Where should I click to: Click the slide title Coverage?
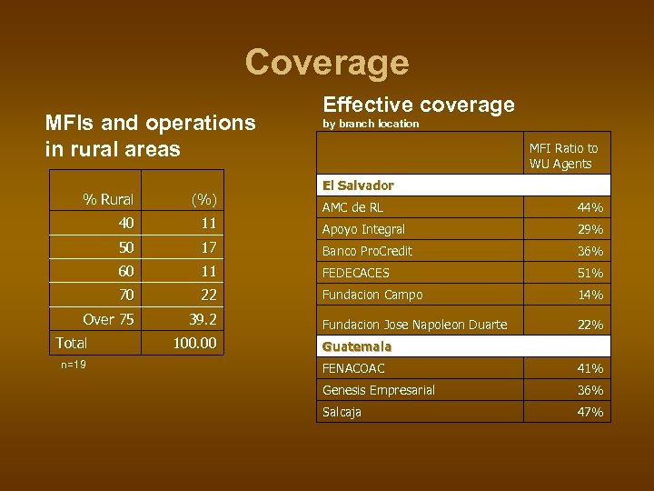[x=327, y=62]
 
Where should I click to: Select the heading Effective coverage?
[x=419, y=105]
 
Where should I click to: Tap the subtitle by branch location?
[x=371, y=124]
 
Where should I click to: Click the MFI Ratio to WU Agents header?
[x=563, y=155]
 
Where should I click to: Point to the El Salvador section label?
[x=358, y=185]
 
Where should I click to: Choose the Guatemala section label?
[x=356, y=346]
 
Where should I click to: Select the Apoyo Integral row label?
[x=363, y=229]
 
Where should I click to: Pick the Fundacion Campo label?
[x=372, y=295]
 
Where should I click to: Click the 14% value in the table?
[x=590, y=295]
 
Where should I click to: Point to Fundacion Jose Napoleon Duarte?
[x=414, y=325]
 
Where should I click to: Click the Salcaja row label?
[x=342, y=412]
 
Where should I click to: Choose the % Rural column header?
[x=108, y=199]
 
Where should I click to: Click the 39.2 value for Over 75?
[x=202, y=319]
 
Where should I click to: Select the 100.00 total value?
[x=194, y=343]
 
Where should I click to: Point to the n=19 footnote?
[x=74, y=364]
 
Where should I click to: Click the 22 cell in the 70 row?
[x=209, y=295]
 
